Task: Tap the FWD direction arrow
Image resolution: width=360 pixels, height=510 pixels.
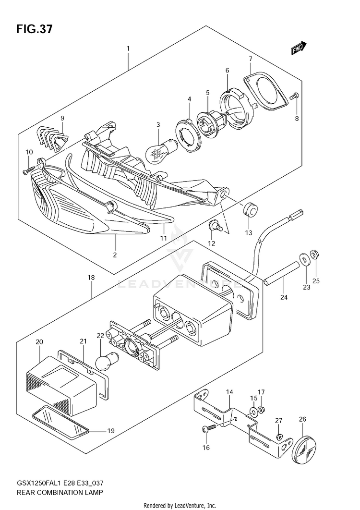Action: click(298, 47)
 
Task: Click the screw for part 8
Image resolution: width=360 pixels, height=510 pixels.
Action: click(295, 97)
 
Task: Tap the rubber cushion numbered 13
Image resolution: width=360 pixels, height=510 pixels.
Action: click(249, 210)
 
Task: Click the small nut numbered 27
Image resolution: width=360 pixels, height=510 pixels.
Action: click(279, 436)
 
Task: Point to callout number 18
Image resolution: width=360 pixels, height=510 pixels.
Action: click(91, 278)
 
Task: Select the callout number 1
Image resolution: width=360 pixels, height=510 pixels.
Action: click(128, 48)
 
